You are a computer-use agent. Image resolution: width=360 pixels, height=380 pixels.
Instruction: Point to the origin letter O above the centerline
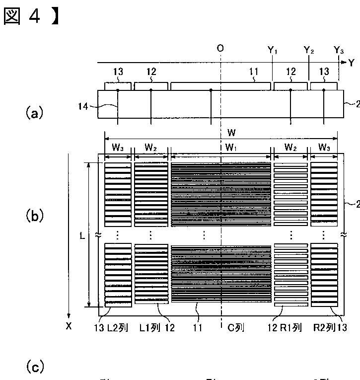[220, 48]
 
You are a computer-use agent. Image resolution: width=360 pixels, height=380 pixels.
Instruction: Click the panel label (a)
[34, 113]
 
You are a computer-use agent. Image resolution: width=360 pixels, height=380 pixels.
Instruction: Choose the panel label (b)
[34, 216]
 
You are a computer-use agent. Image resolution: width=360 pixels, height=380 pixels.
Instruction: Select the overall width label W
[231, 133]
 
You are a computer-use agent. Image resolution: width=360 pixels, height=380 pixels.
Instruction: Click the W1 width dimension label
[231, 148]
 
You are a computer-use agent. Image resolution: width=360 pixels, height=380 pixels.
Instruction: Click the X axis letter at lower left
[69, 326]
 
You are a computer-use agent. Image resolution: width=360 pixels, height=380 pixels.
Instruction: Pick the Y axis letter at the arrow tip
[351, 63]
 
